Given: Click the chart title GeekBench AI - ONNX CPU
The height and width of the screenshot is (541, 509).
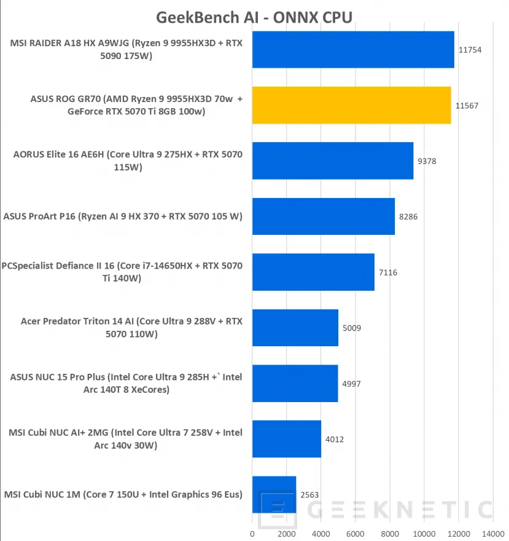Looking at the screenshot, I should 254,17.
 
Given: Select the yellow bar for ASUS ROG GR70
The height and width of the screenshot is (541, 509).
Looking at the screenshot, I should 351,105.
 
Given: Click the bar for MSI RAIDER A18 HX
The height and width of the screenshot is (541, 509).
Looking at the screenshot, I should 353,50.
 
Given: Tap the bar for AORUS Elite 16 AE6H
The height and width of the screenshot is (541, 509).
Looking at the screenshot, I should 332,160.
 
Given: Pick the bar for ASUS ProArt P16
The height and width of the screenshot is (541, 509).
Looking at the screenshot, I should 323,216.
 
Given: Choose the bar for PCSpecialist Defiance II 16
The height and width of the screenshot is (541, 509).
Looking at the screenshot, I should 313,272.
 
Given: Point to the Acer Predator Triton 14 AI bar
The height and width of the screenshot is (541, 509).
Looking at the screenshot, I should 295,328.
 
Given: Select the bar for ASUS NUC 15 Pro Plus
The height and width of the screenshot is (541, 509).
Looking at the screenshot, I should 295,383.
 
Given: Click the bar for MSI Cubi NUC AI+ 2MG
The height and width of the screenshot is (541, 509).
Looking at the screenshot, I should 286,439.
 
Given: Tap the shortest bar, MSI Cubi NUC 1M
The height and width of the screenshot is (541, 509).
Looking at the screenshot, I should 274,494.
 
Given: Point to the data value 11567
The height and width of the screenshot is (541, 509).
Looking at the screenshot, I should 467,106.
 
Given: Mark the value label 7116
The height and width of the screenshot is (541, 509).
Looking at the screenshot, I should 387,272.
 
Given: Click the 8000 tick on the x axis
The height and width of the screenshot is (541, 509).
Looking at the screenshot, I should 389,533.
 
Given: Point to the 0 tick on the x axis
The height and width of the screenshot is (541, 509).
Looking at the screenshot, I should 252,533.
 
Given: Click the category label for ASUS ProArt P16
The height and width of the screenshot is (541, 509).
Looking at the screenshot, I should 123,216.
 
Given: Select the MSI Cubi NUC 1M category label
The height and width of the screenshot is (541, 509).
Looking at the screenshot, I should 123,494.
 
